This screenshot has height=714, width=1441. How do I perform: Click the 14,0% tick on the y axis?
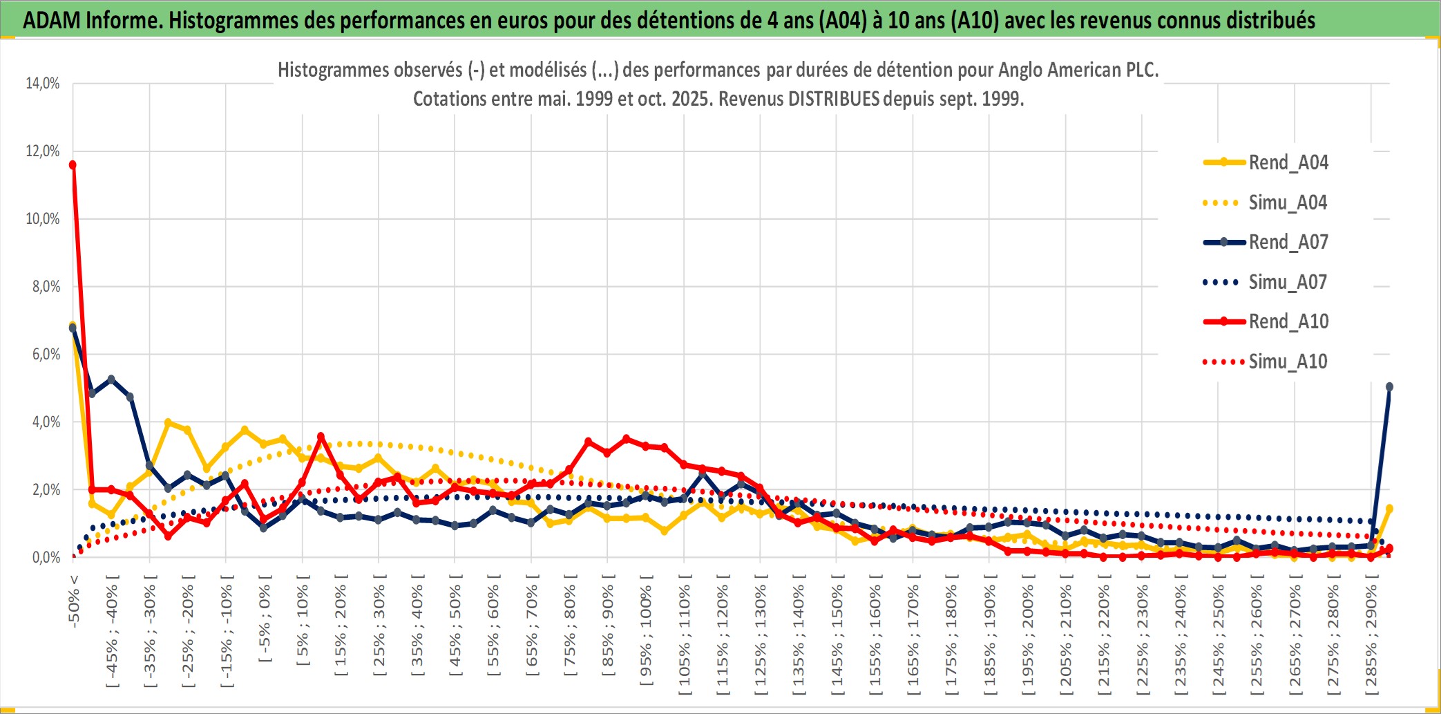(x=43, y=84)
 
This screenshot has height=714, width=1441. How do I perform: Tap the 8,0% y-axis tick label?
(x=46, y=287)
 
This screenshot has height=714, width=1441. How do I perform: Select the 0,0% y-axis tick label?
(x=46, y=558)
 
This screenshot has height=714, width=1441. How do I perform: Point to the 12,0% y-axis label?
(x=43, y=151)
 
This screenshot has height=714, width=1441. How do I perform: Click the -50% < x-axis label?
(x=74, y=601)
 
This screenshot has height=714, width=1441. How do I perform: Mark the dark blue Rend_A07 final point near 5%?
(x=1389, y=387)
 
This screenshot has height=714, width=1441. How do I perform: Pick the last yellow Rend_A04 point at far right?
(x=1389, y=509)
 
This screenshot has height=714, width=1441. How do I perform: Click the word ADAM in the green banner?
(x=52, y=21)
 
